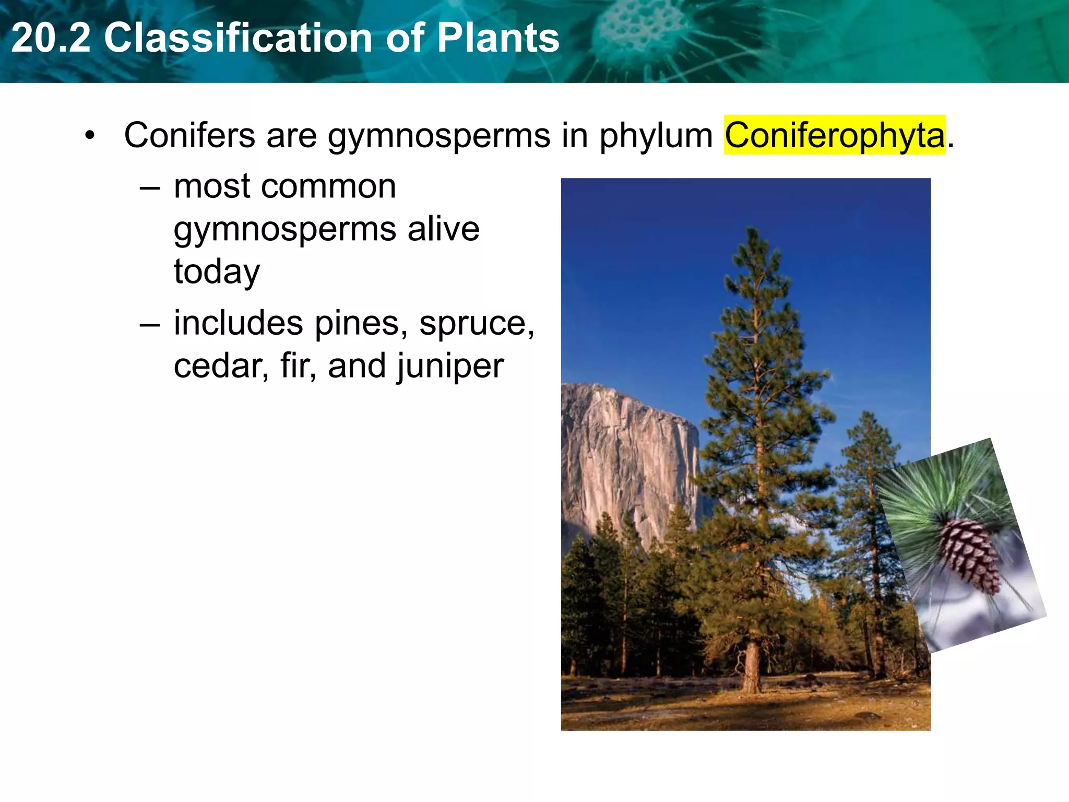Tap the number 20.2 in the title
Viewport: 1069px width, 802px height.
click(51, 38)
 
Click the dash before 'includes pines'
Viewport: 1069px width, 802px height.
click(150, 324)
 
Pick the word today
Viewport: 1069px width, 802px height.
click(217, 273)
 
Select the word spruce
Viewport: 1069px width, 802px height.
click(476, 324)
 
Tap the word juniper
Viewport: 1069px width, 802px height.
click(449, 367)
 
